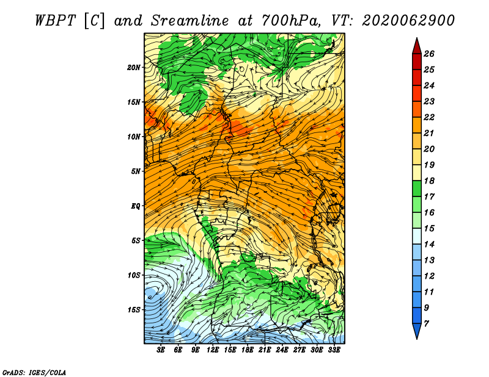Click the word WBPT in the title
(55, 21)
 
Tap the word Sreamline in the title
(190, 21)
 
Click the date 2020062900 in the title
(408, 21)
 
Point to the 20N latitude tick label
(134, 68)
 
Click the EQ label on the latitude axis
(136, 206)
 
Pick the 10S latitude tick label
(134, 275)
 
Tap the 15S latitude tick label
(134, 310)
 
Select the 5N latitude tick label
(136, 171)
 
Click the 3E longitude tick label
(161, 350)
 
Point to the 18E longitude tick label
(248, 350)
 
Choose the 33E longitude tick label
(334, 350)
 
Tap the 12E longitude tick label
(213, 350)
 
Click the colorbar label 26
(429, 54)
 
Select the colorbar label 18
(429, 181)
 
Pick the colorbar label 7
(426, 324)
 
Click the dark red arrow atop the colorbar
(417, 47)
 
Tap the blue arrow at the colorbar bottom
(417, 330)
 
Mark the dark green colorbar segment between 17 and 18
(417, 188)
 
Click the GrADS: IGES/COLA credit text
(34, 373)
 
